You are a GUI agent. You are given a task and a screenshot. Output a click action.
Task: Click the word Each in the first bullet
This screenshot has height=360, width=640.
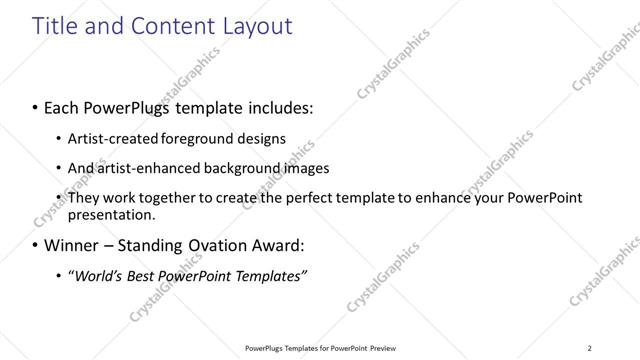coord(62,105)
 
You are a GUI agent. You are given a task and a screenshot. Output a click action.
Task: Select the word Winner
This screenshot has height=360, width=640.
coord(72,244)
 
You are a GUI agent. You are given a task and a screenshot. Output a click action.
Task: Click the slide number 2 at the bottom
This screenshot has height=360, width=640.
coord(589,348)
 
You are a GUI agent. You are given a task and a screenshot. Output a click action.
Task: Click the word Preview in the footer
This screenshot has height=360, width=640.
coord(383,348)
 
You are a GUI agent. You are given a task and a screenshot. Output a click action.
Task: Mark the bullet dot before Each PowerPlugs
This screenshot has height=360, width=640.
coord(36,106)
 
